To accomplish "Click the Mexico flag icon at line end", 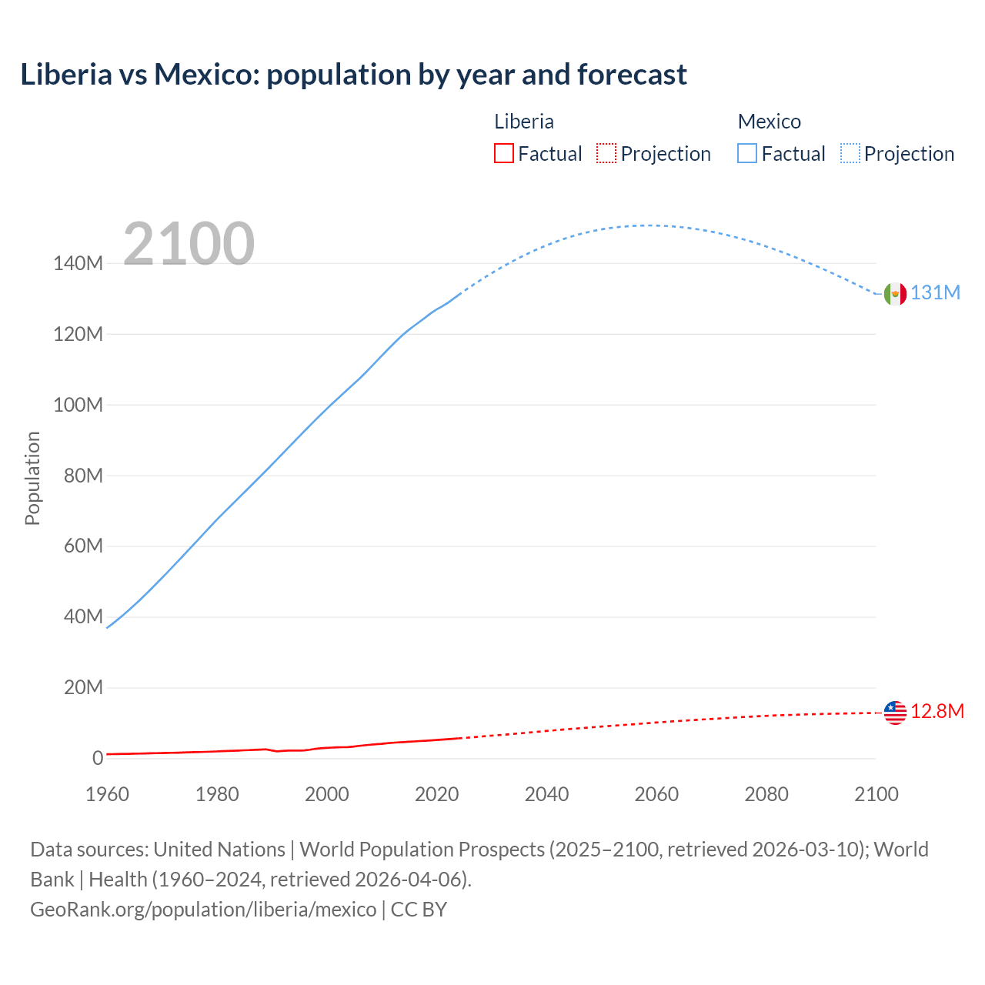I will tap(895, 293).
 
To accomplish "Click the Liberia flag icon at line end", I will tap(895, 713).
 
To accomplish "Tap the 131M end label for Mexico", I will tap(936, 293).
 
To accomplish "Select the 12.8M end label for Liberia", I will tap(937, 711).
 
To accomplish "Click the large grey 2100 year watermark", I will tap(189, 244).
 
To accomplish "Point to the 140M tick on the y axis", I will tap(78, 264).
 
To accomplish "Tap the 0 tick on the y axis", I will tap(98, 759).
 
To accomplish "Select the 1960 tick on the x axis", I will tap(107, 794).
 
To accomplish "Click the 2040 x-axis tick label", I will tap(546, 794).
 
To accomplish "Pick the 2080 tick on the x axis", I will tap(766, 794).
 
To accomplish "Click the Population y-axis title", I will tap(32, 478).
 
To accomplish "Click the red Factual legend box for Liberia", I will tap(503, 154).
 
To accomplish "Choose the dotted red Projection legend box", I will tap(606, 154).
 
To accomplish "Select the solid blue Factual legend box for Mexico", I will tap(747, 154).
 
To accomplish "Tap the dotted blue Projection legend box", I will tap(850, 154).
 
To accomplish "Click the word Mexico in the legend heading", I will tap(769, 122).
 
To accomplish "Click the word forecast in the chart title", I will tap(632, 75).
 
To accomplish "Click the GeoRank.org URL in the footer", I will tap(203, 910).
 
